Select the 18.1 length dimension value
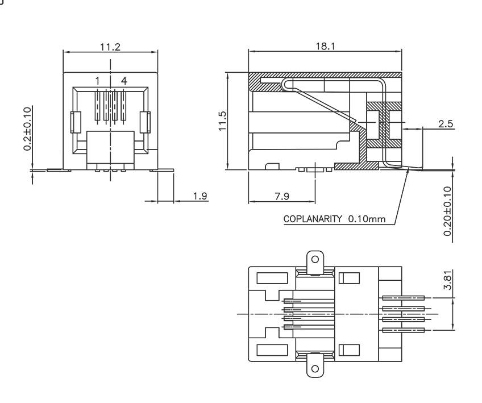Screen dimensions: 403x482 [x=325, y=45]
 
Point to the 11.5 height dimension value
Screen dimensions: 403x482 [x=223, y=121]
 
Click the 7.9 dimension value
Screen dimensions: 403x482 [x=281, y=196]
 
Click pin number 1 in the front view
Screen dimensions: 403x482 [x=97, y=81]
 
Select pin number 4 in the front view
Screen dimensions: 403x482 [x=124, y=81]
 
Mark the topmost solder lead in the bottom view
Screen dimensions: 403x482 [x=404, y=297]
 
